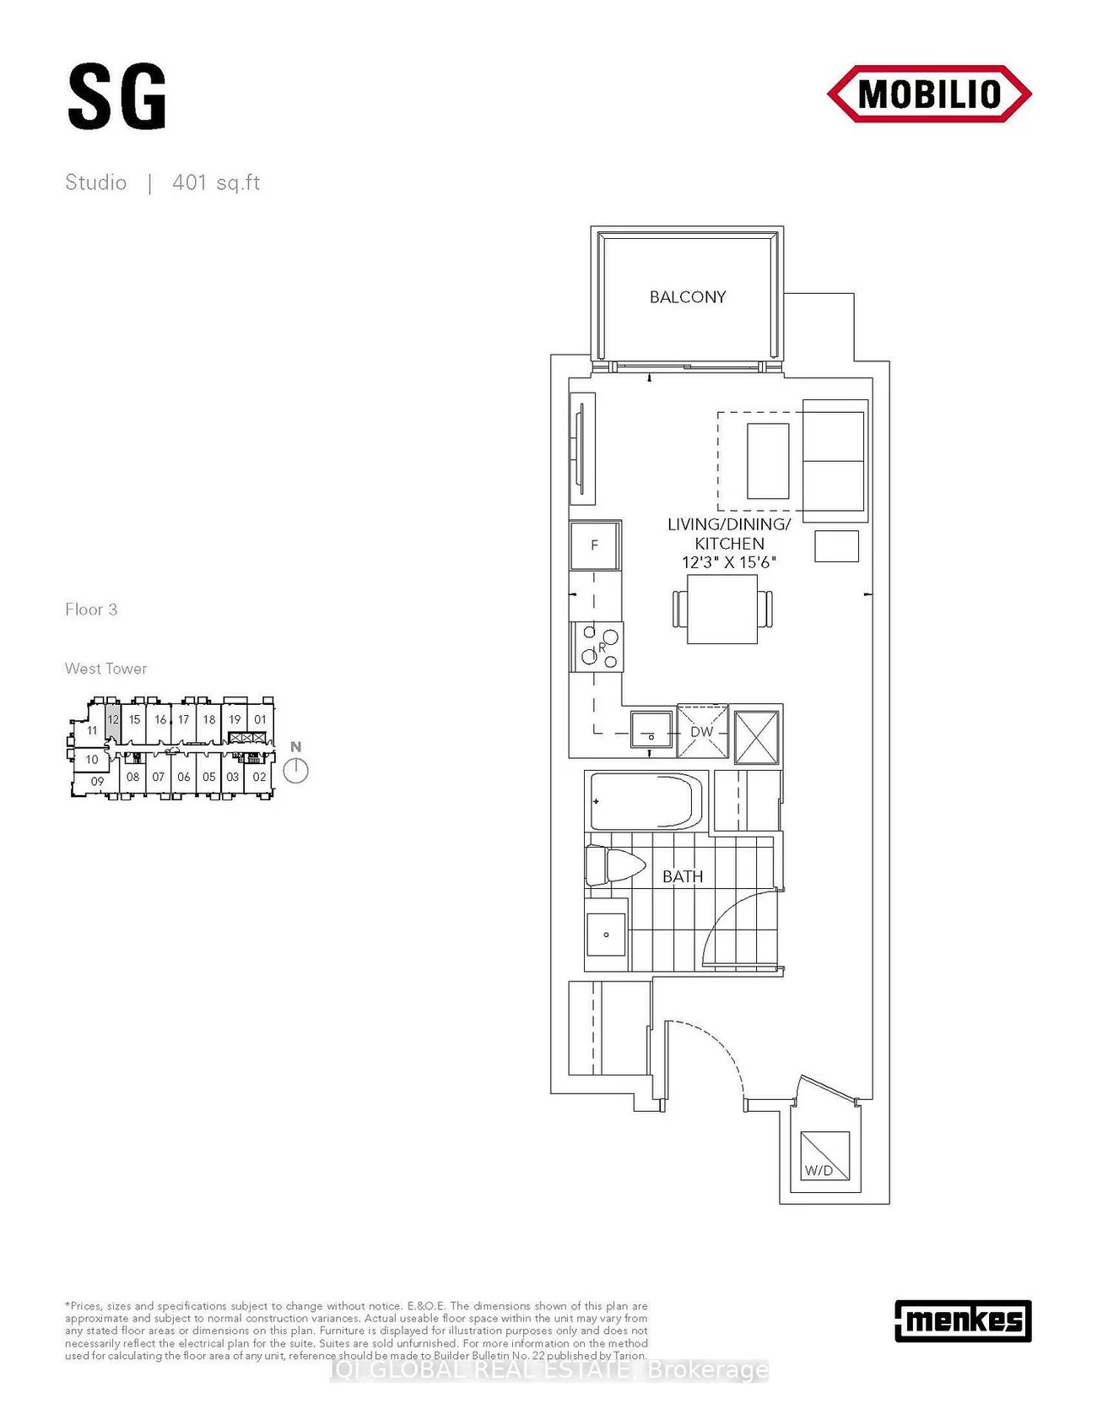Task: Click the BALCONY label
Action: point(687,297)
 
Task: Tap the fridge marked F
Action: point(595,545)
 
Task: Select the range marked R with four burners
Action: point(599,647)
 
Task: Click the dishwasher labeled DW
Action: point(702,731)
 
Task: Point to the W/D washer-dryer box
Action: point(824,1156)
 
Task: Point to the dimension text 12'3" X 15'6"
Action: point(729,563)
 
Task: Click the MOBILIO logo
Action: point(929,94)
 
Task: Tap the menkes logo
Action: point(963,1320)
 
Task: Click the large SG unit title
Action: point(117,99)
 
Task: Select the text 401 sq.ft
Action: point(216,182)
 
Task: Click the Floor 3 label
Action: point(91,610)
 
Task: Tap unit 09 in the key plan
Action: point(97,782)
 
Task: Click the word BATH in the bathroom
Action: point(682,877)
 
